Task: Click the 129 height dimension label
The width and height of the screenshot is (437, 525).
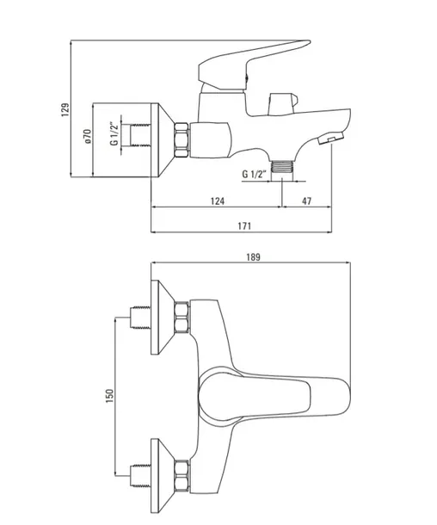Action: point(65,110)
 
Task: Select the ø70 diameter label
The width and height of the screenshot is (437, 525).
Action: point(88,137)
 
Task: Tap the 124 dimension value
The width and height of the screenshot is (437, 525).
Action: point(218,201)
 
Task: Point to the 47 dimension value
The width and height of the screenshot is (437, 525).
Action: point(306,201)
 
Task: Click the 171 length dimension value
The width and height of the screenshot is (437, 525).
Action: point(244,226)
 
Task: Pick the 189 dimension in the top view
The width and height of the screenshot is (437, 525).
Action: point(253,257)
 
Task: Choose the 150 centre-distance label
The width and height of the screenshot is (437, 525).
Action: point(109,396)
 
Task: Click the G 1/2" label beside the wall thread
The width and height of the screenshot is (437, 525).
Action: point(114,134)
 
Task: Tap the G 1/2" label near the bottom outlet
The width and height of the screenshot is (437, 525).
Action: point(254,175)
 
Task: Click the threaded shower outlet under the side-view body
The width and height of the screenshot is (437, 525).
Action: point(282,166)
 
